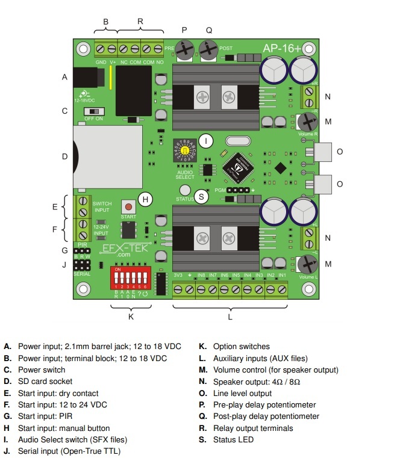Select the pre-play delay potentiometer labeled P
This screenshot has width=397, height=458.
[x=184, y=48]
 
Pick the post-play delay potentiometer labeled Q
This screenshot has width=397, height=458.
[x=208, y=48]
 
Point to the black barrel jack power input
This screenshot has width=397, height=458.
[x=86, y=78]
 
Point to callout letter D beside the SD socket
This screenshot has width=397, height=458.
[x=64, y=157]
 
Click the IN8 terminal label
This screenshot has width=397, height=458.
[x=201, y=275]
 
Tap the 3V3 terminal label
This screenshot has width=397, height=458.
[x=178, y=275]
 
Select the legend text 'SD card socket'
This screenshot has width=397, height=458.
[x=45, y=382]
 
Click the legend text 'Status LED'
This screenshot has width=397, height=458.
[x=233, y=440]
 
